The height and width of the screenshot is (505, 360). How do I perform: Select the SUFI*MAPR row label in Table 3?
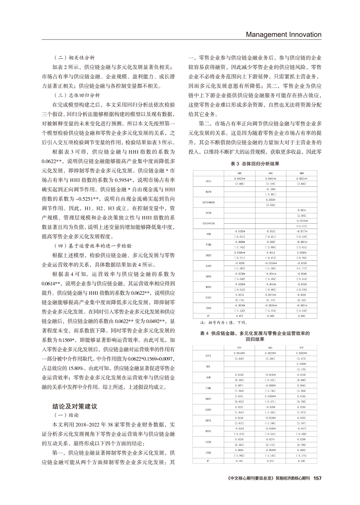pos(209,202)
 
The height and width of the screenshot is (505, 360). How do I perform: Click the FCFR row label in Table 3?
pos(209,213)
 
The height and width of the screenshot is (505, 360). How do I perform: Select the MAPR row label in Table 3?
pos(209,192)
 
